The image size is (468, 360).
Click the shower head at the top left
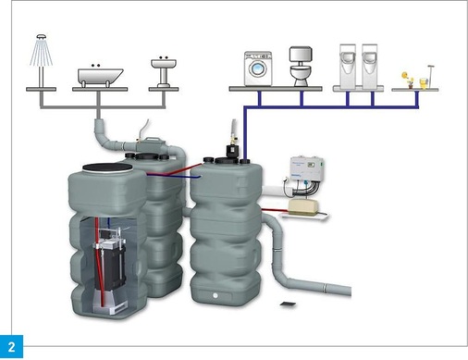coord(42,46)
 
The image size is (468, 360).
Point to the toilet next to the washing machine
coord(302,67)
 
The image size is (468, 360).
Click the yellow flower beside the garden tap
coord(404,78)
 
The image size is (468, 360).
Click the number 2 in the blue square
coord(11,347)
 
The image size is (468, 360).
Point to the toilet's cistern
coord(302,55)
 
